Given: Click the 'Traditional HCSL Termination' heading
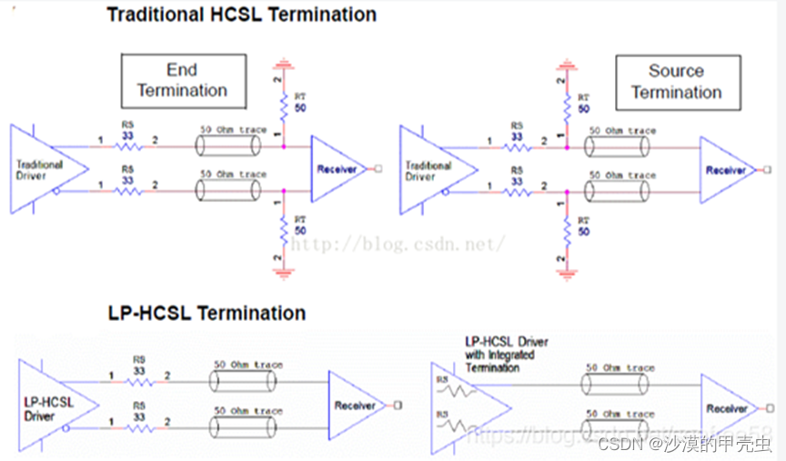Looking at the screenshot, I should (x=241, y=15).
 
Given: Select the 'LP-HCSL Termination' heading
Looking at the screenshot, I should (x=206, y=314).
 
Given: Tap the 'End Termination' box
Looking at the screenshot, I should (x=184, y=81).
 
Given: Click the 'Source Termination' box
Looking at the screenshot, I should (x=676, y=82).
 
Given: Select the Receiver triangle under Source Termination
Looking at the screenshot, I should (x=726, y=170).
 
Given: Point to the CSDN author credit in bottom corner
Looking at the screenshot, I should (x=687, y=445).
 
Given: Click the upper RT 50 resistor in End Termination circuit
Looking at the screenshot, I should (x=285, y=105).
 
